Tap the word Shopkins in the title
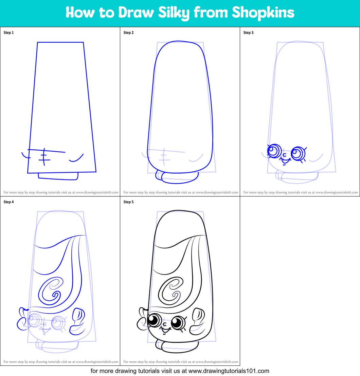[263, 13]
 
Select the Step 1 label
[8, 33]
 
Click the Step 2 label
[128, 33]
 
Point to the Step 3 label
[248, 33]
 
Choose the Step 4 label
[8, 202]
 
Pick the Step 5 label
[128, 202]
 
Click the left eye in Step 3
[273, 150]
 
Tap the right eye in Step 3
[298, 153]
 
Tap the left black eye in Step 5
[155, 320]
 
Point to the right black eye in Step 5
[177, 322]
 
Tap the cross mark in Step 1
[43, 157]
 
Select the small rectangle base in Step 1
[58, 176]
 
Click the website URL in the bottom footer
[229, 371]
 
